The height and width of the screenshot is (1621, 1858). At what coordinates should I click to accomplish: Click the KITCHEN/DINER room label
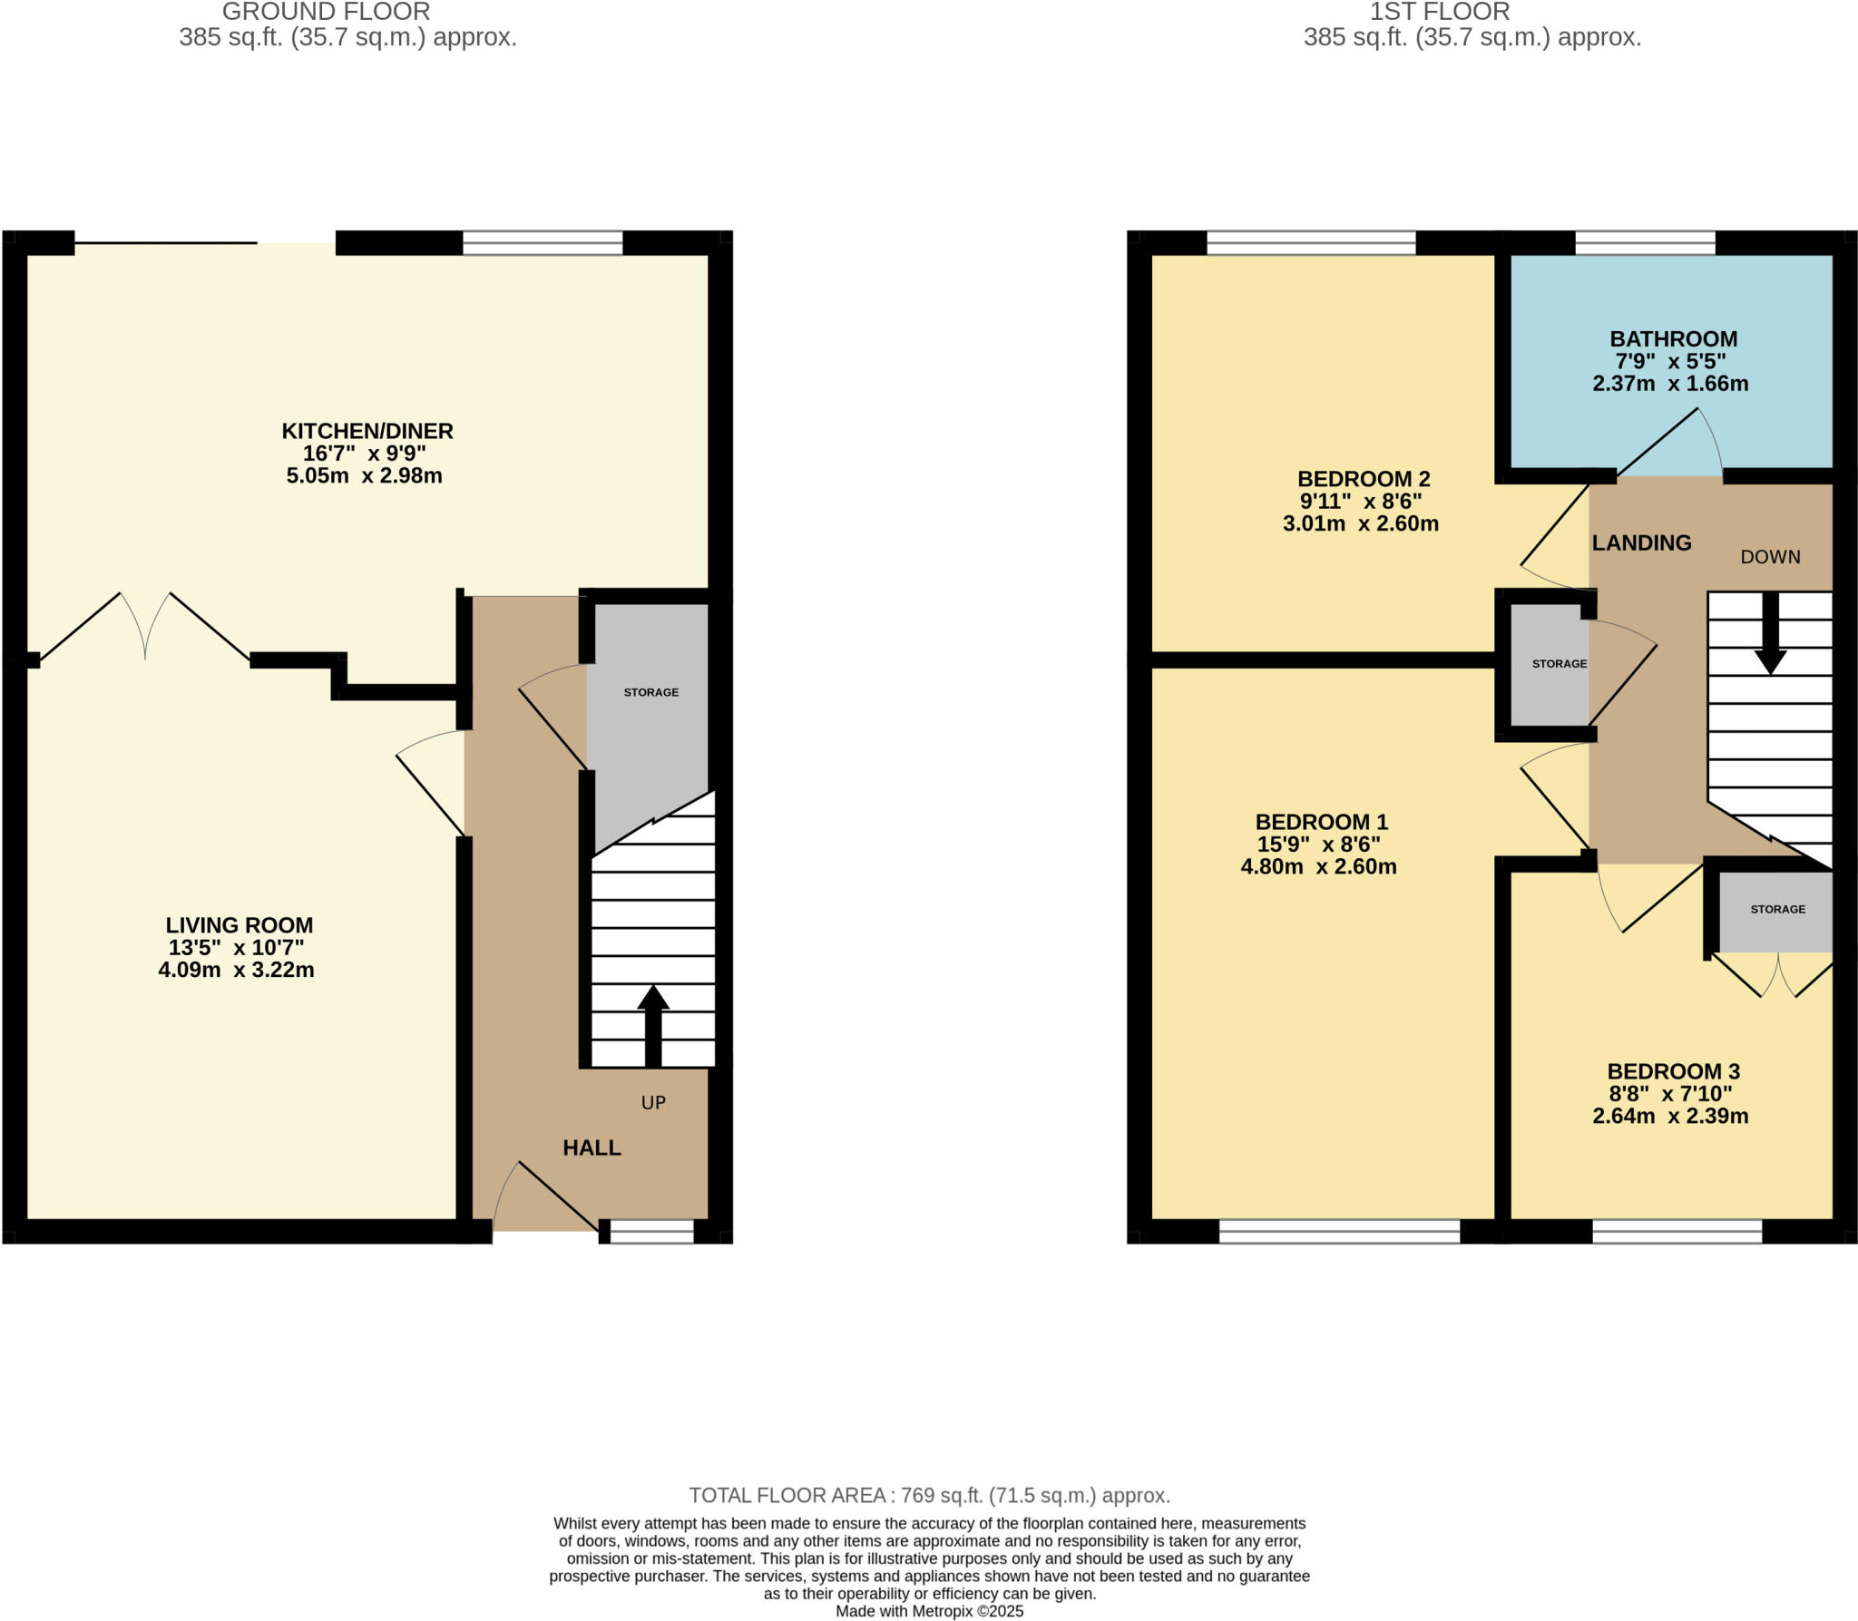(x=367, y=431)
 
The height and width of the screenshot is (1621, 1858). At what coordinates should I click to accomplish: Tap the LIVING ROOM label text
(x=239, y=925)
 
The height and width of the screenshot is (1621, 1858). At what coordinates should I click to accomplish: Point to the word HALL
(x=592, y=1147)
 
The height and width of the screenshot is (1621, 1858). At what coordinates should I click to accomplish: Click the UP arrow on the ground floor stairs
(x=653, y=1025)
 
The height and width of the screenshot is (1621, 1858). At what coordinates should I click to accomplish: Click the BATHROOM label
(x=1673, y=339)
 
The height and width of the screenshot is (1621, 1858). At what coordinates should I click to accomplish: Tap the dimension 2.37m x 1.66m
(x=1670, y=384)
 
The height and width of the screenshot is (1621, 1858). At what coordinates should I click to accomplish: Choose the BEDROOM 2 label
(x=1363, y=479)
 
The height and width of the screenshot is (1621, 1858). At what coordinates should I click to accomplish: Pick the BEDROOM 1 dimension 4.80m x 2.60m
(x=1318, y=866)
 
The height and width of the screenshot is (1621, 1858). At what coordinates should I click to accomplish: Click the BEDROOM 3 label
(x=1673, y=1071)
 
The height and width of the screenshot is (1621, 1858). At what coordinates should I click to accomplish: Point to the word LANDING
(x=1641, y=542)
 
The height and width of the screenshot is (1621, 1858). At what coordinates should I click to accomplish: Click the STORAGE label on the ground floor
(x=650, y=692)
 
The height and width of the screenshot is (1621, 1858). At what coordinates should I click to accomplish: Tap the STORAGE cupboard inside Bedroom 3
(x=1777, y=909)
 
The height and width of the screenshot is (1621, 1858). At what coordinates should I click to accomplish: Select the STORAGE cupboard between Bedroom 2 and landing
(x=1559, y=664)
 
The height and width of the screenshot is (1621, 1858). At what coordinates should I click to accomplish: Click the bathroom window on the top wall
(x=1645, y=242)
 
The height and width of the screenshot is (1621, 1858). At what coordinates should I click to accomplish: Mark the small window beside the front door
(x=651, y=1231)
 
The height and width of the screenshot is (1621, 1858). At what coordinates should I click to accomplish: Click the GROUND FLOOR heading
(x=326, y=12)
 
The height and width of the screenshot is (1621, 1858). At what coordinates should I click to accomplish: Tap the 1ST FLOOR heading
(x=1439, y=12)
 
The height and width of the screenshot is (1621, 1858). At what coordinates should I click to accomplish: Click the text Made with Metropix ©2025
(x=929, y=1611)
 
